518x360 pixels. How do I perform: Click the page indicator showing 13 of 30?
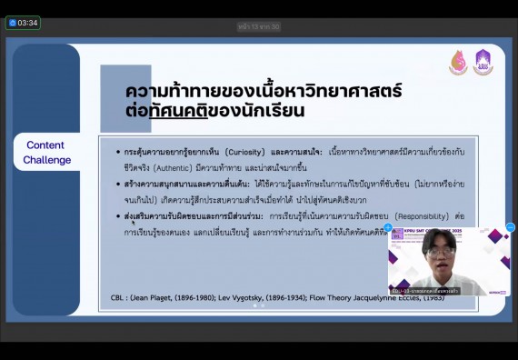(x=259, y=26)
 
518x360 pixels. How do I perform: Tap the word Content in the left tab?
(x=45, y=145)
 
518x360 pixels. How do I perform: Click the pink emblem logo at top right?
(x=458, y=62)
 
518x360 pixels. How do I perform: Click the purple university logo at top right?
(x=483, y=62)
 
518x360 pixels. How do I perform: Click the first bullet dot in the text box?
(x=117, y=152)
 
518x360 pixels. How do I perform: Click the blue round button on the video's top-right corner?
(x=510, y=227)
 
